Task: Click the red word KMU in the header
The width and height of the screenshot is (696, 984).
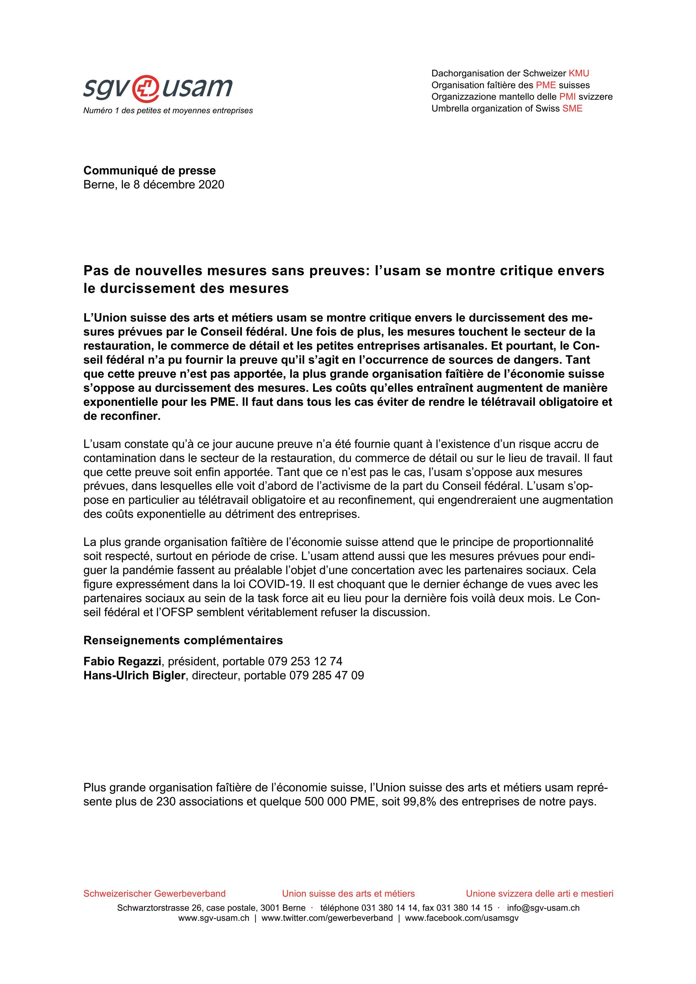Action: tap(579, 73)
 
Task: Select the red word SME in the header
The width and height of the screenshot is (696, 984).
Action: tap(572, 108)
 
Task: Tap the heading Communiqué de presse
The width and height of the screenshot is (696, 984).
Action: tap(150, 170)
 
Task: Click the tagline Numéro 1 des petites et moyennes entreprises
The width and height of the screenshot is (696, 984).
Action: tap(168, 111)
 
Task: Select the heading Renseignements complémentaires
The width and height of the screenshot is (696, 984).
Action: tap(183, 640)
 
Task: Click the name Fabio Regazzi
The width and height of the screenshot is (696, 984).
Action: tap(122, 661)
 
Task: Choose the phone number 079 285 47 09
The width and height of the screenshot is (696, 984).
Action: tap(326, 675)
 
